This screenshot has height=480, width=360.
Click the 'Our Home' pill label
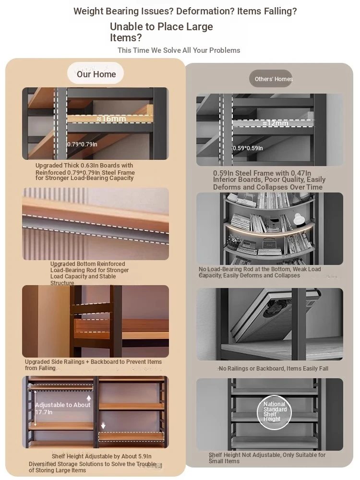pyautogui.click(x=96, y=73)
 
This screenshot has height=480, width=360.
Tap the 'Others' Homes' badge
pyautogui.click(x=271, y=79)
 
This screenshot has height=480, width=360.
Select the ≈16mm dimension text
pyautogui.click(x=111, y=119)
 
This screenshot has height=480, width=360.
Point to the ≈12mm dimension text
pyautogui.click(x=275, y=123)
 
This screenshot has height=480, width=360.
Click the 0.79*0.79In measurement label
pyautogui.click(x=82, y=144)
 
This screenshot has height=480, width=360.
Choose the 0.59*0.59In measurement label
pyautogui.click(x=248, y=148)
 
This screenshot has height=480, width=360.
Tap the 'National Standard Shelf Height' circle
pyautogui.click(x=274, y=412)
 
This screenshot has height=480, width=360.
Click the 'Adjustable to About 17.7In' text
pyautogui.click(x=63, y=408)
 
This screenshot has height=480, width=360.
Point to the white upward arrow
pyautogui.click(x=89, y=398)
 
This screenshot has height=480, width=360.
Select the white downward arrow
pyautogui.click(x=103, y=425)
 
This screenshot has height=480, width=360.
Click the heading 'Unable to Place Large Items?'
pyautogui.click(x=161, y=32)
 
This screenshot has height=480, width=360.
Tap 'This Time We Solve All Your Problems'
pyautogui.click(x=179, y=50)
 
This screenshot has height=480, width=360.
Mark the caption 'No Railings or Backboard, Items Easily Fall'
pyautogui.click(x=274, y=369)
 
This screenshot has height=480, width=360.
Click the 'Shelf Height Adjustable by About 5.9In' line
pyautogui.click(x=101, y=456)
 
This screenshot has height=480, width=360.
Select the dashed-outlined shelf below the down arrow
pyautogui.click(x=131, y=436)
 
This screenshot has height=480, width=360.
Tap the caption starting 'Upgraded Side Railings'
pyautogui.click(x=94, y=365)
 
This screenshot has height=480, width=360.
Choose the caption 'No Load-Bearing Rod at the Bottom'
pyautogui.click(x=260, y=272)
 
